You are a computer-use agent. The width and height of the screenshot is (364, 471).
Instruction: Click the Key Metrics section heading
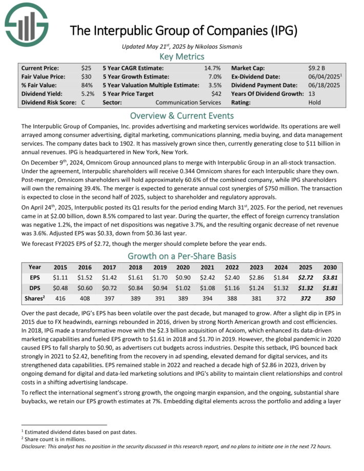(182, 57)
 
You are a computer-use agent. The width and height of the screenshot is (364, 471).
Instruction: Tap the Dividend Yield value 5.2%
(88, 94)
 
